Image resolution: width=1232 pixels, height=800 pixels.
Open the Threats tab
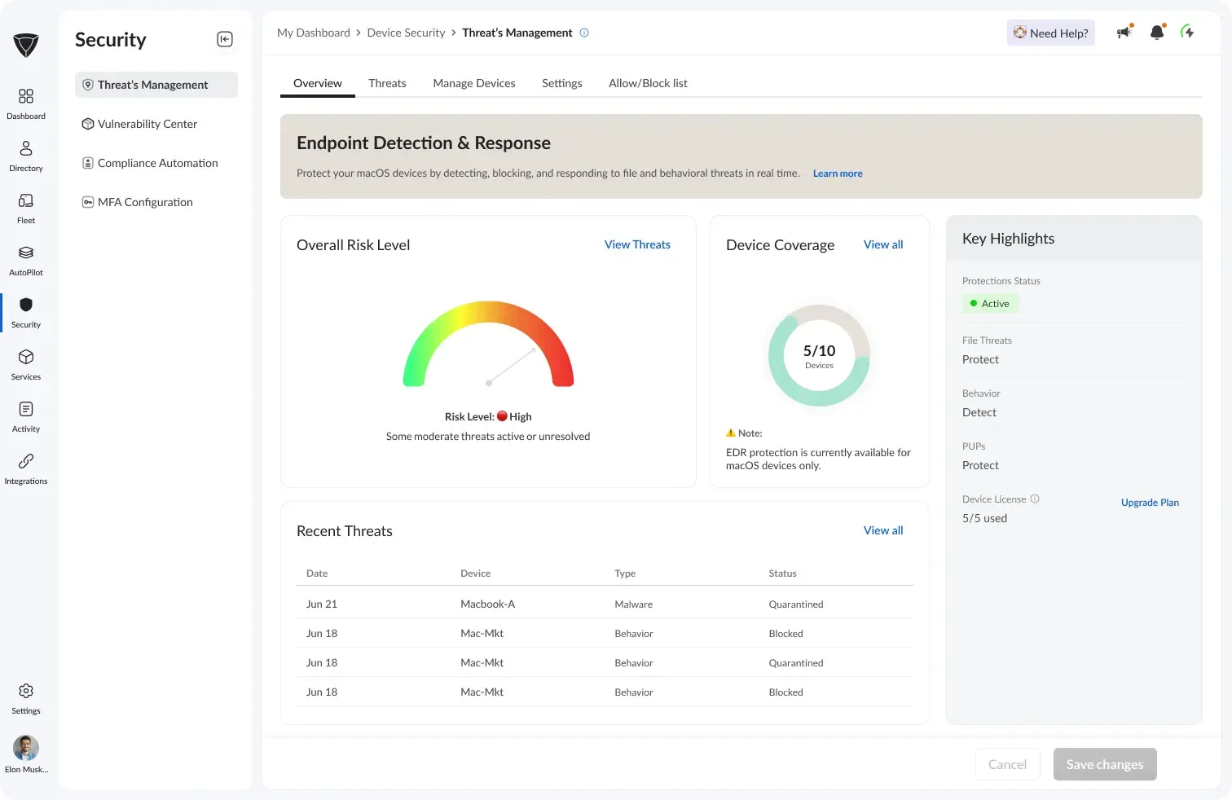coord(387,83)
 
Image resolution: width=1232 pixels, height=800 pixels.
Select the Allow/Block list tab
coord(648,83)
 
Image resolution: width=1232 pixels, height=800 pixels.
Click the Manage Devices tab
coord(474,83)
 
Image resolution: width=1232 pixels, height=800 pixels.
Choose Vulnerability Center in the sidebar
coord(147,124)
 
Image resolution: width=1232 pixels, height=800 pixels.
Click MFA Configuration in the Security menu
coord(145,202)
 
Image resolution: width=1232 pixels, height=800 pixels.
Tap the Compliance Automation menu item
coord(157,163)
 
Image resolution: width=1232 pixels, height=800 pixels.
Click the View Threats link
coord(637,244)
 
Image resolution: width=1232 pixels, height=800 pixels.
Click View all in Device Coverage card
coord(883,244)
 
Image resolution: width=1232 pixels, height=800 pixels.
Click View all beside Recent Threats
coord(883,530)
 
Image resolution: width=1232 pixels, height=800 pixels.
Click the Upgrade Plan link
coord(1150,503)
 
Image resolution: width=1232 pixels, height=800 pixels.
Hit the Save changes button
coord(1104,764)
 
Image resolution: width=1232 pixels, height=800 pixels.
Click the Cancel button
coord(1007,764)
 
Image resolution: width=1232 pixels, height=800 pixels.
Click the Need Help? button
coord(1050,33)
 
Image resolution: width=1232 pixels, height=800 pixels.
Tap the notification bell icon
coord(1156,33)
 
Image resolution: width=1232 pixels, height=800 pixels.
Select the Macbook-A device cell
coord(487,604)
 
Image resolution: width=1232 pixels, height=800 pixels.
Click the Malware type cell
coord(633,604)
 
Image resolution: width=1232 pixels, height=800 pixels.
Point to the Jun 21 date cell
coord(322,604)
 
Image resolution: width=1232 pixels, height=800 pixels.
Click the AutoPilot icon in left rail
coord(26,253)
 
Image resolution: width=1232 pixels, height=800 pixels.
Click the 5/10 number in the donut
coord(819,351)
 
